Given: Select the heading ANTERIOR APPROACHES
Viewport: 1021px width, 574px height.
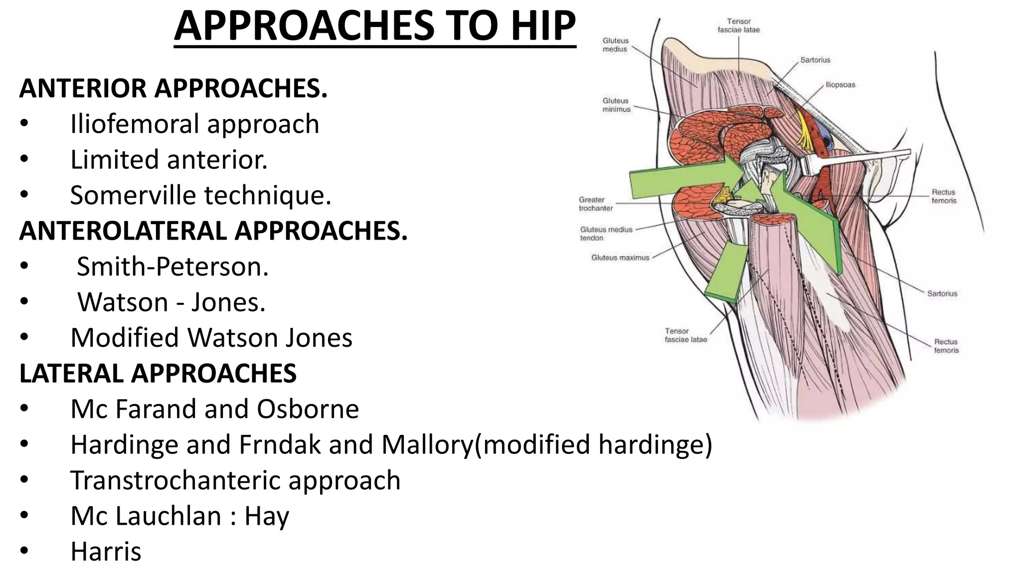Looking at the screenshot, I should tap(173, 88).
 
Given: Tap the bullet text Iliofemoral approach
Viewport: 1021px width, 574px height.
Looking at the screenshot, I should tap(194, 124).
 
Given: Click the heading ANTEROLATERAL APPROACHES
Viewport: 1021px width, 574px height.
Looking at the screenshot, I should tap(213, 231).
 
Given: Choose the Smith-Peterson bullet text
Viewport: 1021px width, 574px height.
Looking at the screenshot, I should tap(172, 267).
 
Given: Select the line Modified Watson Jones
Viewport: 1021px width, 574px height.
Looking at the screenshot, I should tap(211, 338).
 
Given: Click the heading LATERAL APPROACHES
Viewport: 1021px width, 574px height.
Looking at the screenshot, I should tap(158, 374).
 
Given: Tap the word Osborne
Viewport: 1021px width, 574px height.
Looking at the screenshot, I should tap(308, 409).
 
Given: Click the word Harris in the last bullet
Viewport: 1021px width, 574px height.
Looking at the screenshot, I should tap(106, 552).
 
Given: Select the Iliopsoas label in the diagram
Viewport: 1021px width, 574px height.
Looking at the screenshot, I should tap(840, 85).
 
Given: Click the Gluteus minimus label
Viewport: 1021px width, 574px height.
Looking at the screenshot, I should tap(616, 105).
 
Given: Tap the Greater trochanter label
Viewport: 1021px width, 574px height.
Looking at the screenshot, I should tap(595, 204).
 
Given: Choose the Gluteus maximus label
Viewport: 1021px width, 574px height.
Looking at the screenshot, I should tap(620, 258).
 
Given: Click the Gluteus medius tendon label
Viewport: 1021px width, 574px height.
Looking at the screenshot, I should tap(606, 234).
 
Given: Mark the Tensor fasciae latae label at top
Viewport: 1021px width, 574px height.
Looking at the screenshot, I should tap(738, 25).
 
